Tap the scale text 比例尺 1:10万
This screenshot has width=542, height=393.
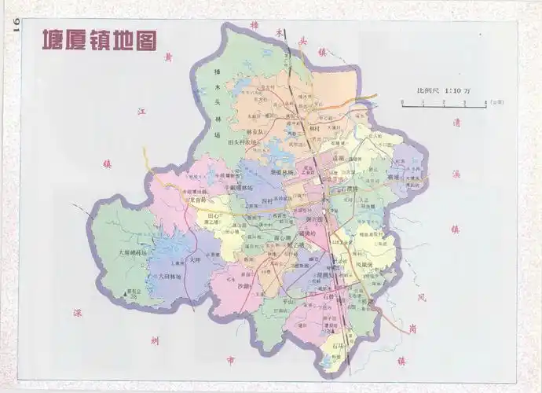(443, 91)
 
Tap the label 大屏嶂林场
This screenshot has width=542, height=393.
(131, 253)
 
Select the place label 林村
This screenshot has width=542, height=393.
(315, 128)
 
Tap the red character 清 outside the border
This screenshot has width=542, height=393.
(455, 123)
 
